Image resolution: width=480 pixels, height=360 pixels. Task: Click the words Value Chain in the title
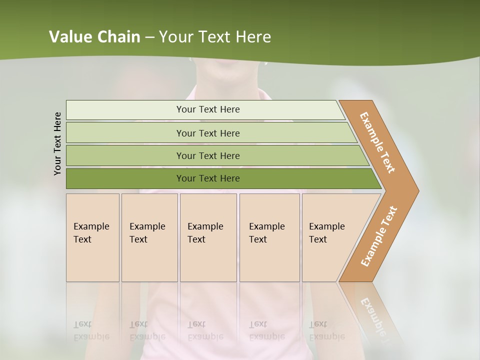(94, 37)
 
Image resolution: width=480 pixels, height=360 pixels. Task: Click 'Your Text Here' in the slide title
(215, 37)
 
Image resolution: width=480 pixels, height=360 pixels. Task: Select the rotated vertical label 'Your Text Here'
(58, 143)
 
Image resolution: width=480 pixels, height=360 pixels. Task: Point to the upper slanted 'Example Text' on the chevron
(377, 142)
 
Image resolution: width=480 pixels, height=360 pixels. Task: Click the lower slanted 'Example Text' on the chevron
(378, 236)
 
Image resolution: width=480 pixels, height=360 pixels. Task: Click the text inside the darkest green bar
(208, 178)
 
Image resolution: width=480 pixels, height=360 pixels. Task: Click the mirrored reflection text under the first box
(91, 331)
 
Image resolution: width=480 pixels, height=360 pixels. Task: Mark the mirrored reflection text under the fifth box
(326, 331)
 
